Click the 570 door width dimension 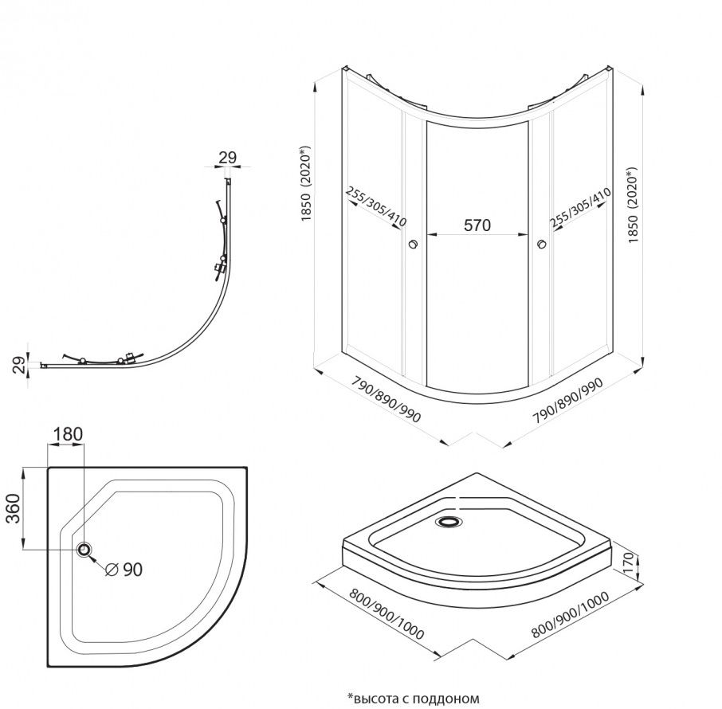[x=477, y=225]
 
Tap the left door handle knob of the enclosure [x=413, y=245]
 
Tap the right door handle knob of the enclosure [x=543, y=245]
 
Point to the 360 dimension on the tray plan [x=15, y=508]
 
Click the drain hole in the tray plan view [x=84, y=549]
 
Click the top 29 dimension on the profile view [x=227, y=158]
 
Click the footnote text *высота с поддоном [x=413, y=698]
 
